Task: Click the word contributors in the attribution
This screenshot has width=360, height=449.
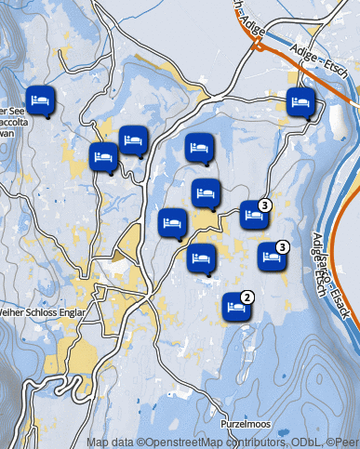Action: click(x=243, y=442)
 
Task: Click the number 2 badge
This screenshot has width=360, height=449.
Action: click(x=247, y=297)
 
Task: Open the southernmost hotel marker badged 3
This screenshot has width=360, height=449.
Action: click(x=273, y=256)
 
